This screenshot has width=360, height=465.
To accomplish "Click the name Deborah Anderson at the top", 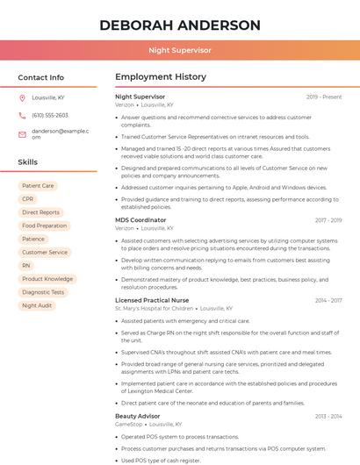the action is pyautogui.click(x=180, y=25).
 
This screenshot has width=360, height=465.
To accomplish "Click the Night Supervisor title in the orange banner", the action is pyautogui.click(x=180, y=51).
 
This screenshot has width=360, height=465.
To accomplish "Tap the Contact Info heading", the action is pyautogui.click(x=41, y=77).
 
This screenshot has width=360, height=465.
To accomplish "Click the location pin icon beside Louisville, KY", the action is pyautogui.click(x=22, y=98).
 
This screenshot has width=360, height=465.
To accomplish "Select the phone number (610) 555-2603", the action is pyautogui.click(x=50, y=115).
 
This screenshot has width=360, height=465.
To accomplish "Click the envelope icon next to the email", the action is pyautogui.click(x=22, y=133).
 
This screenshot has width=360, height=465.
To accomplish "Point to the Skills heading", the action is pyautogui.click(x=28, y=162).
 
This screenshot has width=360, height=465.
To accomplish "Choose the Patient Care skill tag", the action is pyautogui.click(x=38, y=186).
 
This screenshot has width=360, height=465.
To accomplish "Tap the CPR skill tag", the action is pyautogui.click(x=28, y=199).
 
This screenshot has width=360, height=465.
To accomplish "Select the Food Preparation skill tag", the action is pyautogui.click(x=45, y=225).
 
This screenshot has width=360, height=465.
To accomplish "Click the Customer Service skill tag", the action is pyautogui.click(x=45, y=252).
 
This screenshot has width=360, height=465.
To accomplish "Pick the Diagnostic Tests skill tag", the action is pyautogui.click(x=43, y=292).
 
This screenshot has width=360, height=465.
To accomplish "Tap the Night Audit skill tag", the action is pyautogui.click(x=37, y=305).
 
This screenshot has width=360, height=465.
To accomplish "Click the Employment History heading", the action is pyautogui.click(x=161, y=77).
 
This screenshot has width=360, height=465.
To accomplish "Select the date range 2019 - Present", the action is pyautogui.click(x=324, y=97).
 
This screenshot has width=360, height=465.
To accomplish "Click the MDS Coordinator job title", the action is pyautogui.click(x=140, y=220).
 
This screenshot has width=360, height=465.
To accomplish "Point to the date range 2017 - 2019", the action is pyautogui.click(x=328, y=220).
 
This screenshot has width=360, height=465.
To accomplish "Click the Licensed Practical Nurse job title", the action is pyautogui.click(x=152, y=300).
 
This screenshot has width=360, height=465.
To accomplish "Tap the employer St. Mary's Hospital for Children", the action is pyautogui.click(x=155, y=309).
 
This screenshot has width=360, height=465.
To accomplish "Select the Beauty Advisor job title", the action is pyautogui.click(x=139, y=415).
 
